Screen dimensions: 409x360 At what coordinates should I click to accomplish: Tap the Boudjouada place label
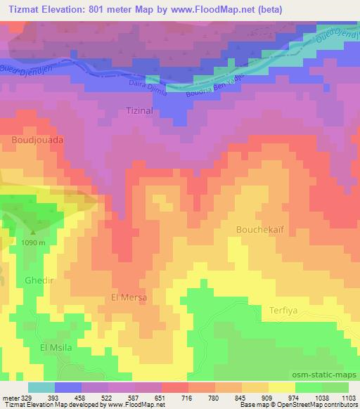click(38, 140)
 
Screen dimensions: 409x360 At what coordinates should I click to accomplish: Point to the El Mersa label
click(129, 297)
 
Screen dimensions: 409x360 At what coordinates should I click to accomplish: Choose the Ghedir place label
click(39, 280)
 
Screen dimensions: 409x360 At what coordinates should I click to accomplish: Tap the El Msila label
click(56, 348)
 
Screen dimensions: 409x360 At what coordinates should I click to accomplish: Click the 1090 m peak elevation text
click(33, 242)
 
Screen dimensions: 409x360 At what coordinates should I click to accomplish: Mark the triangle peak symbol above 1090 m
click(32, 232)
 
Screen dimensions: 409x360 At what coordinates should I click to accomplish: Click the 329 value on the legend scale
click(26, 397)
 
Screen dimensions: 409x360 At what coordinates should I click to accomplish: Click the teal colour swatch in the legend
click(41, 387)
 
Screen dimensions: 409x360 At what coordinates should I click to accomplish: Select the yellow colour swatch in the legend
click(281, 387)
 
